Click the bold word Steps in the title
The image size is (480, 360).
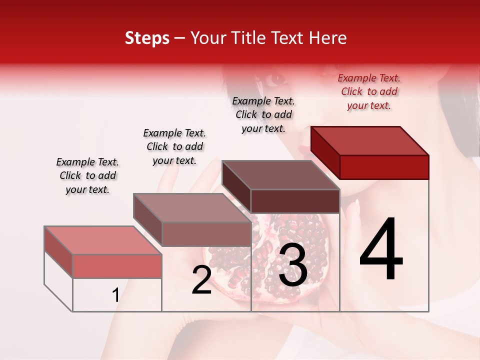point(147,38)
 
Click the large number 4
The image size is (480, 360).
point(381,250)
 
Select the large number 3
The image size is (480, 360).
point(292,265)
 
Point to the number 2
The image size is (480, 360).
point(201,280)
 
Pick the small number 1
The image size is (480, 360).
point(115,295)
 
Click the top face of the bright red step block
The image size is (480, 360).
point(369,140)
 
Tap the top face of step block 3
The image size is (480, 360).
point(280,175)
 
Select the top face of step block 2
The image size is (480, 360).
point(192,208)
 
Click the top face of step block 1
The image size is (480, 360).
point(103,240)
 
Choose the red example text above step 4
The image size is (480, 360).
point(369,91)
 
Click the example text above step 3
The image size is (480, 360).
point(263,114)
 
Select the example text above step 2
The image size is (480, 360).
point(174,146)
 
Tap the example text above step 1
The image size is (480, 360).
point(87,175)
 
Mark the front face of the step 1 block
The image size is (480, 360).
point(117,266)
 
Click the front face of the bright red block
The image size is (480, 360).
point(384,167)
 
